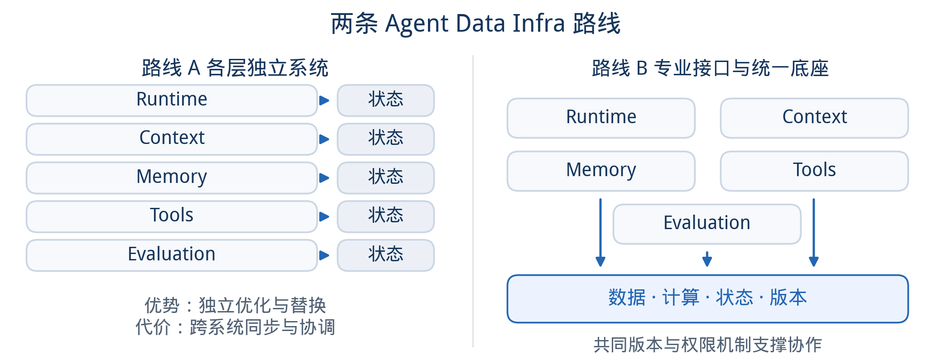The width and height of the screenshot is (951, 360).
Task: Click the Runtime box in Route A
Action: pos(172,101)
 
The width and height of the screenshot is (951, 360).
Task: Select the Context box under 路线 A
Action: pos(172,139)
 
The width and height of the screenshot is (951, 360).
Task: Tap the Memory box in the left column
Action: pos(172,178)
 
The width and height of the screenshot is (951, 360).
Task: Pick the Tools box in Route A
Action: pos(172,216)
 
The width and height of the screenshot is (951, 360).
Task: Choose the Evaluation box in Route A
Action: pos(172,255)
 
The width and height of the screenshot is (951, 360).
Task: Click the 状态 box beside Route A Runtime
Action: pos(386,101)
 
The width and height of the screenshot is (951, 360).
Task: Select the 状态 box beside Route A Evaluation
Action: pos(386,255)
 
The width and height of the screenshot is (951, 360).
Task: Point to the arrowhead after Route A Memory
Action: pos(324,178)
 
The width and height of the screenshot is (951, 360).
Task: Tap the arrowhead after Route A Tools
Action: pos(324,216)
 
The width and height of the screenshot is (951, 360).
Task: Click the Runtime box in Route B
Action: pos(601,118)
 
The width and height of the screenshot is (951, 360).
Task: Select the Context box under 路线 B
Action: pos(814,118)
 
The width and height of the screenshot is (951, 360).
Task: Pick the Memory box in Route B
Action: pos(601,171)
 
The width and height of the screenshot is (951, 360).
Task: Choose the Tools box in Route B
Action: pos(814,171)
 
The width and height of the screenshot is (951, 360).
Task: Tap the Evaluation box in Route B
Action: pos(707,224)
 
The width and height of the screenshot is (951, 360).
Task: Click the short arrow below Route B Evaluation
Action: pos(707,259)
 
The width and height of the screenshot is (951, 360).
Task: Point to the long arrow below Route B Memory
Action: pos(600,232)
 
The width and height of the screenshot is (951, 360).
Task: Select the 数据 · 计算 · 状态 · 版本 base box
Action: pos(708,299)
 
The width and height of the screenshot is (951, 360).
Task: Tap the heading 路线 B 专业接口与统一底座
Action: pos(710,68)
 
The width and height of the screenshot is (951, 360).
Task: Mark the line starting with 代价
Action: pos(235,327)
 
